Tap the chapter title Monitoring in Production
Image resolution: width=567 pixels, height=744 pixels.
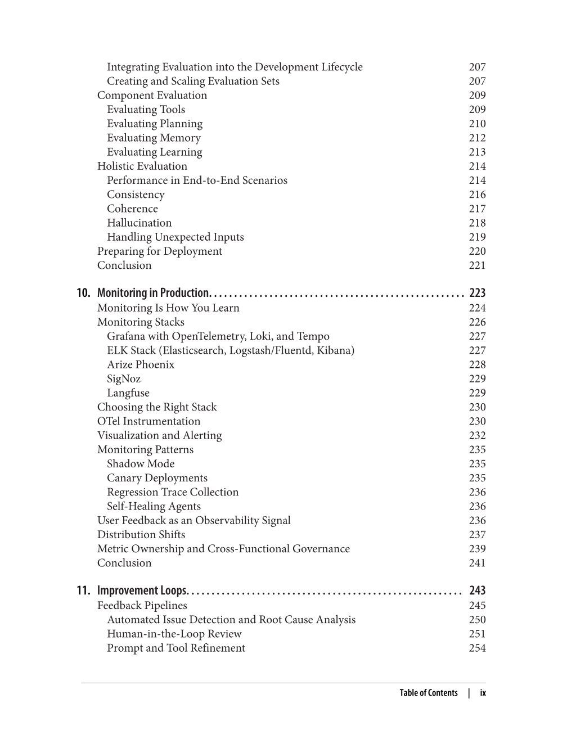point(153,293)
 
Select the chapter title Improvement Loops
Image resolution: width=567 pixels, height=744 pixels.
point(142,590)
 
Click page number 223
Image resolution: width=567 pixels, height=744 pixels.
point(477,293)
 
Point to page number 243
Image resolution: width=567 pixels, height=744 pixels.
point(477,590)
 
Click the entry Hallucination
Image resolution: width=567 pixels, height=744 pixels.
point(139,223)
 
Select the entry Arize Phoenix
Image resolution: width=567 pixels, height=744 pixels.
point(141,364)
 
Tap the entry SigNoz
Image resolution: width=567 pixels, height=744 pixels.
point(124,378)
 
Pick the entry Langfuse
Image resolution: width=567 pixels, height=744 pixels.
point(128,393)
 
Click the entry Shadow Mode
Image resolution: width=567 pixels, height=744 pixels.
point(141,463)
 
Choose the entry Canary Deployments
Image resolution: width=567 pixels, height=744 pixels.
point(157,477)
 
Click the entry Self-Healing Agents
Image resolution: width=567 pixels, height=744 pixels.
point(154,506)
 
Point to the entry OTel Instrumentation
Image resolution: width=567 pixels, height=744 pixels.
point(148,421)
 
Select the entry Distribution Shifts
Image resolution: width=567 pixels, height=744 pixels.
point(141,534)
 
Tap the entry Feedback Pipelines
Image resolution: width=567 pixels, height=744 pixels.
point(142,605)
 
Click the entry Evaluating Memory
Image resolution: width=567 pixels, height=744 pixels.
point(154,138)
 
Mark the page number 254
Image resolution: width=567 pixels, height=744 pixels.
point(477,648)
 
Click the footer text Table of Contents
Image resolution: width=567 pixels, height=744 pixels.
point(429,693)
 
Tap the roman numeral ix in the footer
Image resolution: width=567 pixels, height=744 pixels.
point(483,693)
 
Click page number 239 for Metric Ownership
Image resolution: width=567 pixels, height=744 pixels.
point(477,548)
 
